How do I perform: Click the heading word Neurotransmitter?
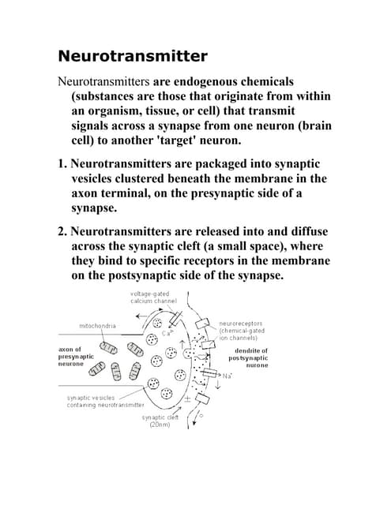[x=133, y=56]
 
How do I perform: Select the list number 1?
[x=62, y=163]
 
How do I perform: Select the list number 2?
[x=62, y=231]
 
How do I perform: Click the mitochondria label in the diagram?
[x=97, y=326]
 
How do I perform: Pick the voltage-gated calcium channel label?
[x=153, y=297]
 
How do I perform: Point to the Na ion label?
[x=227, y=376]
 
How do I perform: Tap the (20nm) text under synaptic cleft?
[x=160, y=425]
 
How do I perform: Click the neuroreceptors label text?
[x=241, y=324]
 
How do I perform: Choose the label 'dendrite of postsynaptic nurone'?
[x=248, y=357]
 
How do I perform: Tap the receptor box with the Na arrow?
[x=209, y=373]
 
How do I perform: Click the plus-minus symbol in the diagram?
[x=188, y=399]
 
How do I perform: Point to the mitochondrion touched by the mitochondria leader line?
[x=108, y=348]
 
